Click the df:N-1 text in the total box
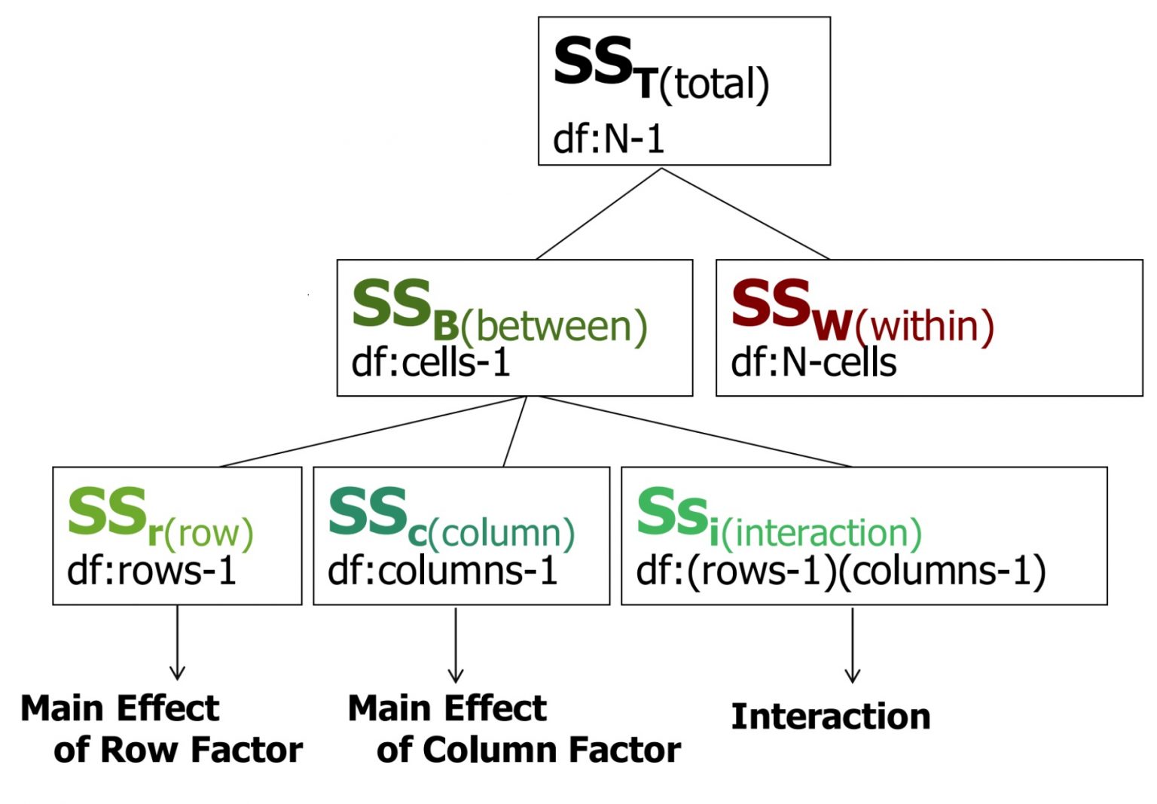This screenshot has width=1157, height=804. (x=609, y=139)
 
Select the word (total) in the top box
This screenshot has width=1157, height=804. (x=714, y=84)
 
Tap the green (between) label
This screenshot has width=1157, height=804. (x=554, y=327)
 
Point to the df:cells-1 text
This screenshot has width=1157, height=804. (x=431, y=363)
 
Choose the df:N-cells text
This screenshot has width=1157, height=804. (x=814, y=363)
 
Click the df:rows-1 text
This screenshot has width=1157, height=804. (x=152, y=571)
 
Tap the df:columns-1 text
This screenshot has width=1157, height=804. (x=443, y=571)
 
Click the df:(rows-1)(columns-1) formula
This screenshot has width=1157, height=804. (x=841, y=571)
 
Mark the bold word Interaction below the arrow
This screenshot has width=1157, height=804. (x=831, y=716)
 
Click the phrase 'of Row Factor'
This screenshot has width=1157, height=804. (x=179, y=750)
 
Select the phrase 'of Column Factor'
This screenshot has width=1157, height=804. (x=529, y=750)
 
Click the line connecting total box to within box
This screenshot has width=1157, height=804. (x=746, y=214)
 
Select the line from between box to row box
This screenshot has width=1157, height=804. (x=373, y=431)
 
